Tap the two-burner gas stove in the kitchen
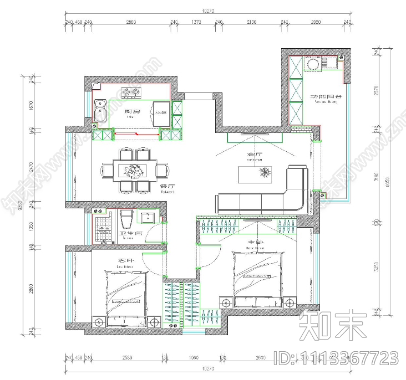click(x=131, y=92)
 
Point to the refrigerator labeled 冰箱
click(x=161, y=111)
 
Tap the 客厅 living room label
click(x=254, y=155)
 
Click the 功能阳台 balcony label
click(x=326, y=96)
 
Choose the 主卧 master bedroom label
click(x=254, y=243)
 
